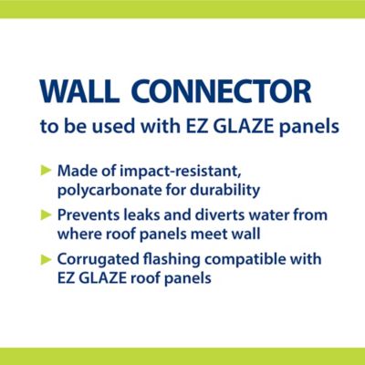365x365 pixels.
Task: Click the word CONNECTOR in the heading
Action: [231, 91]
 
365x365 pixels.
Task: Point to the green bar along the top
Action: [182, 7]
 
